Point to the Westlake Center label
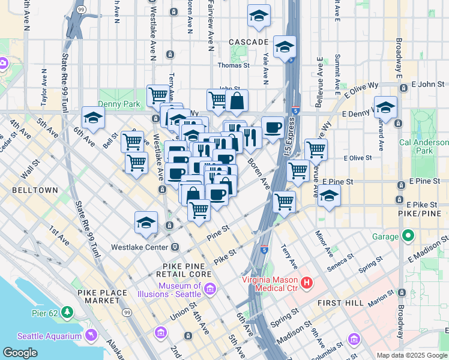click(x=140, y=247)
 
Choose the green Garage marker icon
click(x=409, y=236)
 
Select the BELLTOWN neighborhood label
click(x=34, y=190)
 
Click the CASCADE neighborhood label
click(x=249, y=42)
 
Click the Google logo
click(x=20, y=353)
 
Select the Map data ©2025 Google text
click(x=412, y=355)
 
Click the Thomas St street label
click(x=234, y=65)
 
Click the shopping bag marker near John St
click(x=238, y=101)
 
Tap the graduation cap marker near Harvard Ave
click(x=385, y=107)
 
